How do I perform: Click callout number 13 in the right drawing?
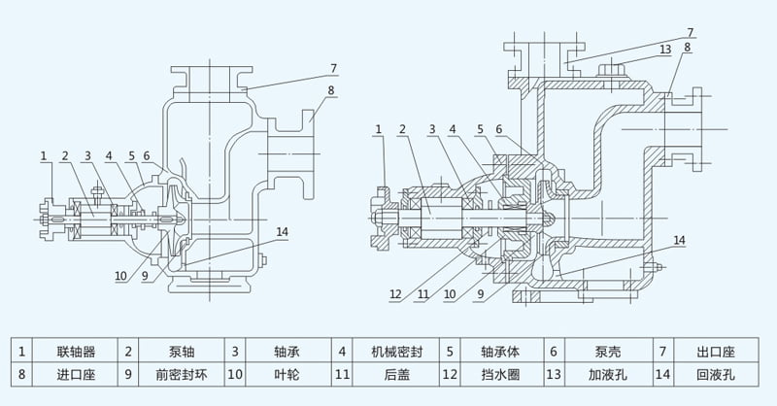coord(665,50)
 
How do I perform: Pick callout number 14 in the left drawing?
coord(283,231)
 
